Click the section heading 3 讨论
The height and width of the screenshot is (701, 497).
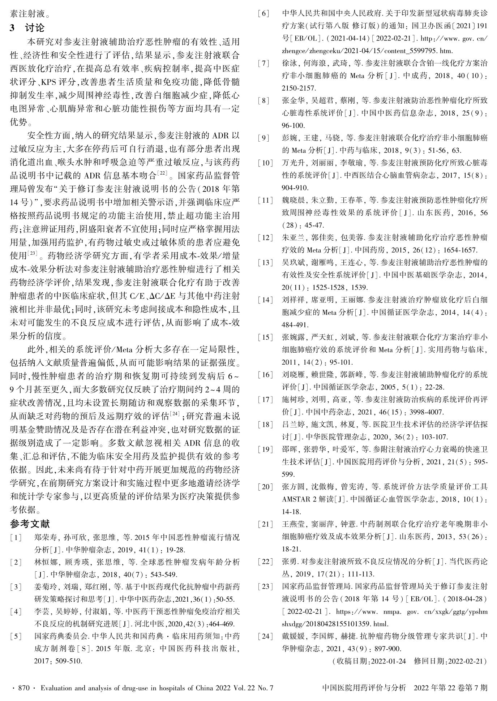(x=27, y=28)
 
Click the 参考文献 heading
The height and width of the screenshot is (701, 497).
(x=30, y=524)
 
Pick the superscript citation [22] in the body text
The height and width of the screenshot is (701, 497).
(x=161, y=174)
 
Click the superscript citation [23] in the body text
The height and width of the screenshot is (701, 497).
(x=33, y=253)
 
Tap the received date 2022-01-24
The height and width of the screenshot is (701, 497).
(x=387, y=661)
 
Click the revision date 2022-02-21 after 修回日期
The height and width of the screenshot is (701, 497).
(x=466, y=661)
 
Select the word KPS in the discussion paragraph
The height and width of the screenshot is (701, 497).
(x=48, y=82)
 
